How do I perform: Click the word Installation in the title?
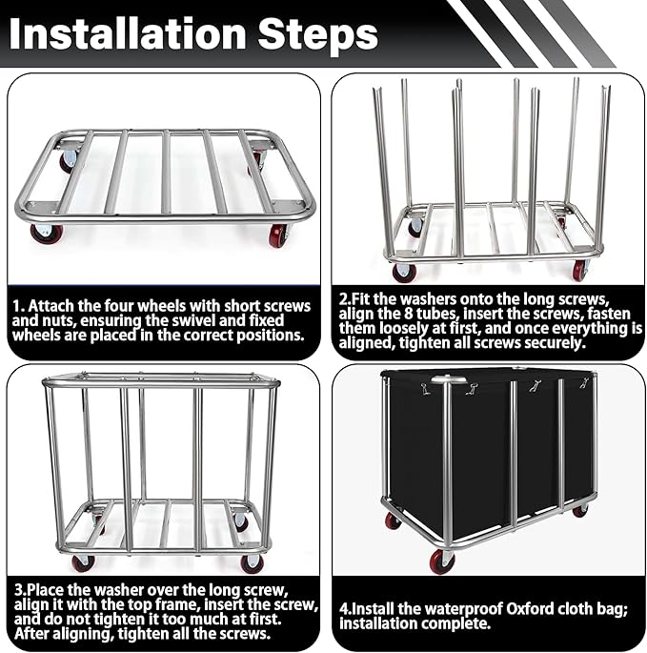coord(127,33)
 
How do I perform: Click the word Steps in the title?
coord(318,34)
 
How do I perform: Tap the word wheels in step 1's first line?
coord(162,306)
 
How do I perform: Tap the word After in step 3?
coord(31,633)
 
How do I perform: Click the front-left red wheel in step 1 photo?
coord(47,234)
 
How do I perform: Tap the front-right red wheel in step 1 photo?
coord(280,235)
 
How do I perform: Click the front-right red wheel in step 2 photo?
coord(580,270)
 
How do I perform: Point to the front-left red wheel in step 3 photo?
coord(82,564)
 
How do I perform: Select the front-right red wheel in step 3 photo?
coord(253,564)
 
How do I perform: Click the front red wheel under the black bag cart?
coord(442,561)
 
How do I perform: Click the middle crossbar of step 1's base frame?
coord(166,172)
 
